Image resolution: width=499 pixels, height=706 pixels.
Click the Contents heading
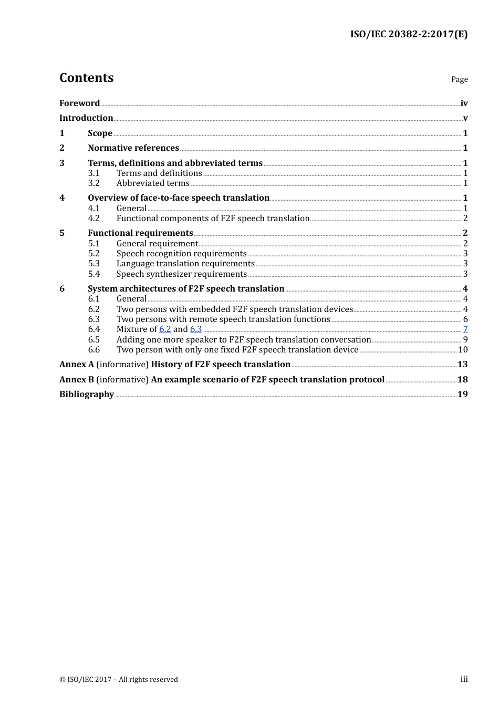(86, 78)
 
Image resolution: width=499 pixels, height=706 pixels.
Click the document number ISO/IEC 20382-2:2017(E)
(409, 34)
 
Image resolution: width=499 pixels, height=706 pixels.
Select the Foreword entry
(79, 103)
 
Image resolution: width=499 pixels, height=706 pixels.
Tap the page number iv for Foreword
(464, 103)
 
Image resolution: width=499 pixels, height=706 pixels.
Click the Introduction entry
(86, 118)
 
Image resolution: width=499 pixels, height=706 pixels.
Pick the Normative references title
(133, 148)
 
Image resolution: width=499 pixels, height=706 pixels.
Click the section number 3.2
(93, 183)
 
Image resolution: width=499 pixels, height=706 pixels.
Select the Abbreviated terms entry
(153, 183)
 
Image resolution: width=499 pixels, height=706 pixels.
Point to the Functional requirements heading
(140, 233)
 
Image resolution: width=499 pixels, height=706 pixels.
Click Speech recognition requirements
(181, 253)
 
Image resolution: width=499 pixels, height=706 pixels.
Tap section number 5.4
(93, 274)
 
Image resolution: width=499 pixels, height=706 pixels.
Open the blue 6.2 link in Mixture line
(165, 329)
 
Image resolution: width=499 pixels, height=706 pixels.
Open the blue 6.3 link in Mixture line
(196, 329)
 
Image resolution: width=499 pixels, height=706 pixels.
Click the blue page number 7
(465, 329)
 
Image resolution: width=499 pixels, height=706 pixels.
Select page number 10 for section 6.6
(463, 349)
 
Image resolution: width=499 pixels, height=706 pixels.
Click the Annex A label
(77, 364)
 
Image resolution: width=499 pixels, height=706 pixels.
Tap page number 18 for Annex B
(462, 379)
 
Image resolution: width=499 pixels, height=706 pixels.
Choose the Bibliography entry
(87, 394)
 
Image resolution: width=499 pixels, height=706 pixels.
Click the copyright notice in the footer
(119, 679)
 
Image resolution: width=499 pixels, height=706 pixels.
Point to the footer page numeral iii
(464, 679)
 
